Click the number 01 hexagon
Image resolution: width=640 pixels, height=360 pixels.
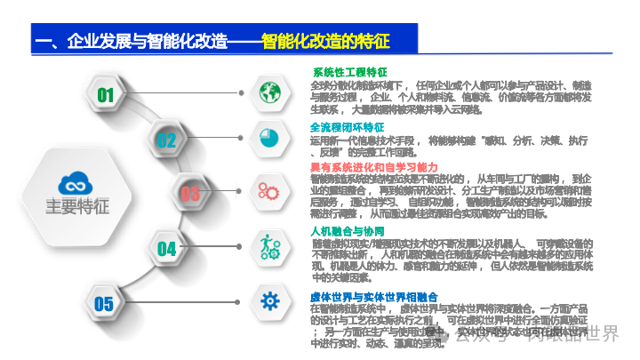coord(106,94)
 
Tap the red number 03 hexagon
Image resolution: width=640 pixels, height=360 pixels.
coord(190,193)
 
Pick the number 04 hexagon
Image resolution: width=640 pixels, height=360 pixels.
coord(166,248)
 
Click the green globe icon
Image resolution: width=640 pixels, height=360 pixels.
coord(269,91)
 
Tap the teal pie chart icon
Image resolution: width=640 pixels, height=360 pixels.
coord(269,136)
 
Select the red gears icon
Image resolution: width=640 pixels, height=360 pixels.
coord(269,189)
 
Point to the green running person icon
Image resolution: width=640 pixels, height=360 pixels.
coord(269,244)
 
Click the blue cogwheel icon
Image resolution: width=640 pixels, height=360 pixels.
coord(269,300)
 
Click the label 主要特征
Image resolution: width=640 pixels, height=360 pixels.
coord(77,206)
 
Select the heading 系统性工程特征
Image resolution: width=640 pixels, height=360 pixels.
coord(349,73)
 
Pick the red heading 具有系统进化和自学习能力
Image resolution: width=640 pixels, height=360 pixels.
coord(373,166)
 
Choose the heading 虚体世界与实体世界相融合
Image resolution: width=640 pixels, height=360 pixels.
coord(373,296)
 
